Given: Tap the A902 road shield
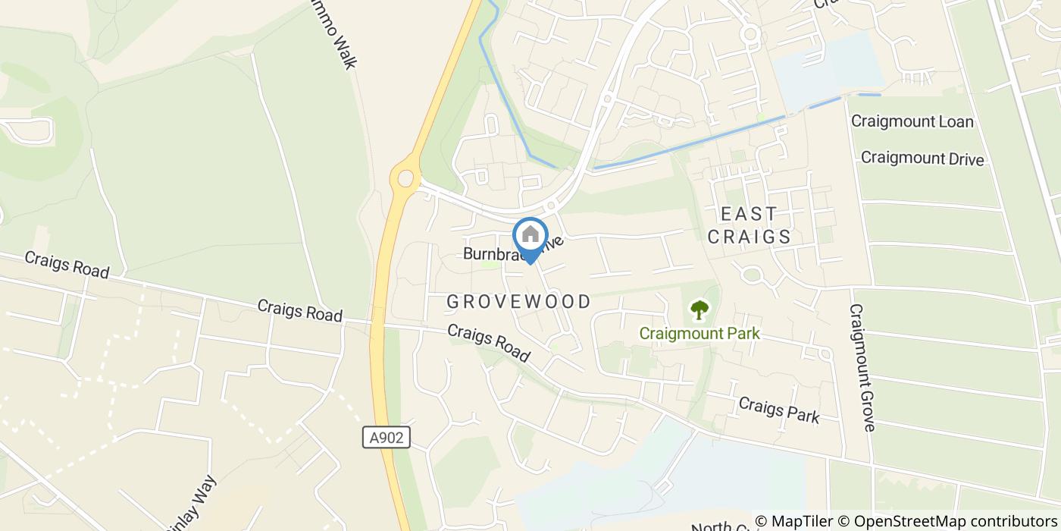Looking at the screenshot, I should pyautogui.click(x=386, y=437).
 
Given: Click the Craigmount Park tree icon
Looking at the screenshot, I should pyautogui.click(x=699, y=309).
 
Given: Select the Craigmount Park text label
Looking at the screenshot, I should pyautogui.click(x=699, y=334).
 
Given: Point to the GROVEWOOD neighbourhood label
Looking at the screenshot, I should pyautogui.click(x=518, y=302).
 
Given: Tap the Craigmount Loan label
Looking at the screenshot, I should pyautogui.click(x=912, y=121).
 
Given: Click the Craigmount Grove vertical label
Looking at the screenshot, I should pyautogui.click(x=862, y=368).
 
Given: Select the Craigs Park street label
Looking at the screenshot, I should pyautogui.click(x=778, y=410).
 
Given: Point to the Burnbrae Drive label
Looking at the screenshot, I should pyautogui.click(x=515, y=251).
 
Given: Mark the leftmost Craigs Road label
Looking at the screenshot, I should pyautogui.click(x=67, y=263).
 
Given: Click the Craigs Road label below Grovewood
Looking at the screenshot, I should pyautogui.click(x=487, y=343).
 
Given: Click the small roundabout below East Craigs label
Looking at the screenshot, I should pyautogui.click(x=752, y=275).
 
